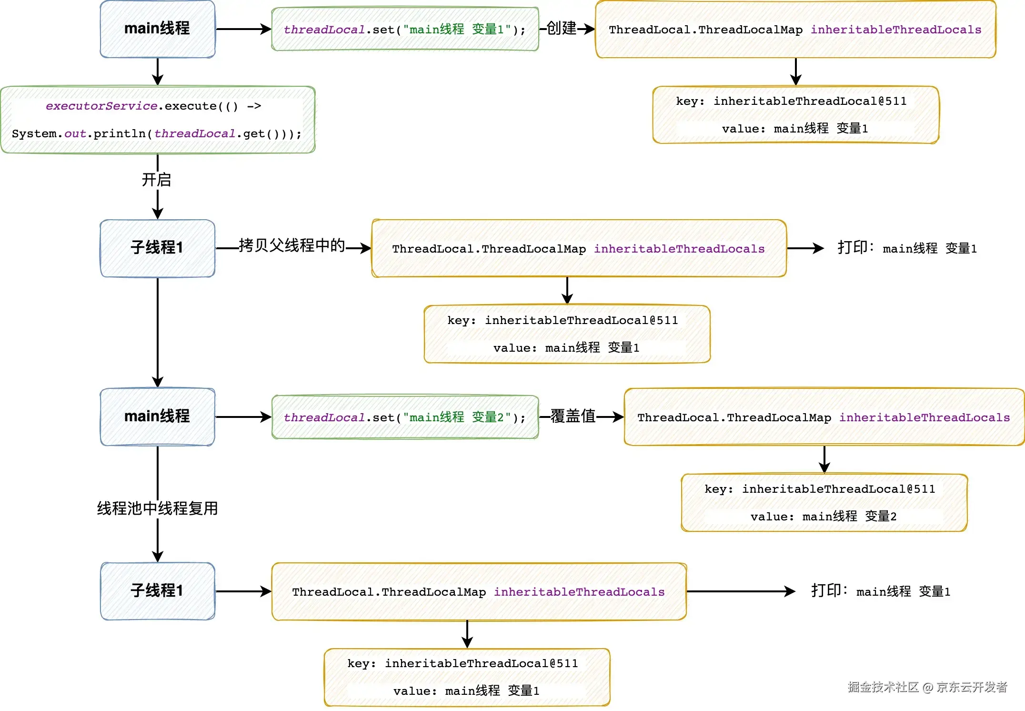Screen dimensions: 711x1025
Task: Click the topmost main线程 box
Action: tap(157, 29)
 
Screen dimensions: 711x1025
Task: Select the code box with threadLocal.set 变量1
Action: tap(405, 29)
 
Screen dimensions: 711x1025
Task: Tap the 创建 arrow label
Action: tap(561, 28)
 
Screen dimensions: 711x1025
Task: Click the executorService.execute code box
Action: tap(157, 120)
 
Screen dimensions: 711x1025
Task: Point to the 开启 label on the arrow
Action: tap(156, 180)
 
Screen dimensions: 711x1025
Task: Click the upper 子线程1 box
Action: tap(157, 248)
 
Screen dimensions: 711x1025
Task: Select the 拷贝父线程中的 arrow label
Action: tap(291, 245)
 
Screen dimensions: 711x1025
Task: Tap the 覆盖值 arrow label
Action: tap(573, 416)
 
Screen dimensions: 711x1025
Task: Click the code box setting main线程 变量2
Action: tap(405, 417)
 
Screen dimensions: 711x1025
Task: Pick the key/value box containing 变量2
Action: tap(824, 503)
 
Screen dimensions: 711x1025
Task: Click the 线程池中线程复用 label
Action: tap(157, 508)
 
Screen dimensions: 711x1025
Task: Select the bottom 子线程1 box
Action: tap(157, 591)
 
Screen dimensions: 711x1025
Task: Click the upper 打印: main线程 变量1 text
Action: tap(907, 248)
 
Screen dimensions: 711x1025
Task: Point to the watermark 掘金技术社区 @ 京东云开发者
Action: tap(927, 687)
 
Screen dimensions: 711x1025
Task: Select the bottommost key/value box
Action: tap(467, 677)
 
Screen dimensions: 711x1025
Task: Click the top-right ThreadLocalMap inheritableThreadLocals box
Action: tap(795, 30)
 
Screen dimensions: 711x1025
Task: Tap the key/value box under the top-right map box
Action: tap(795, 115)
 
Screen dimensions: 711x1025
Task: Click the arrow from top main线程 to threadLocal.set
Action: tap(243, 29)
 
